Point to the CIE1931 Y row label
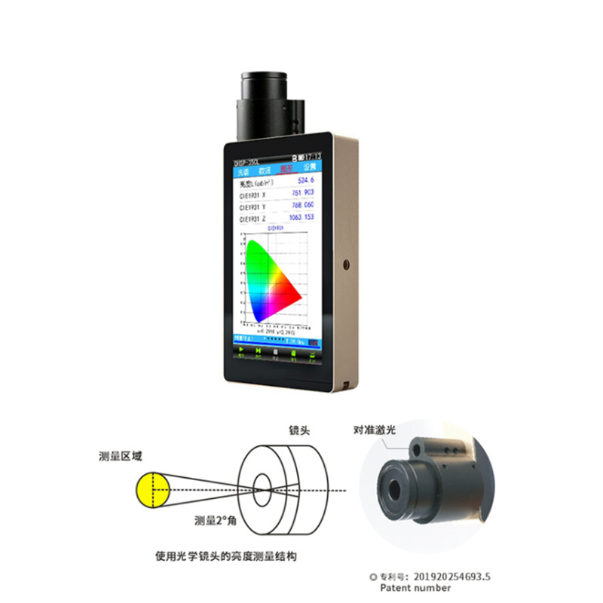(x=253, y=206)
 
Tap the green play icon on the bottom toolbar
(x=241, y=350)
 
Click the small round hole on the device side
(x=347, y=265)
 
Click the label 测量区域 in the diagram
(x=121, y=456)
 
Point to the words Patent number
(x=416, y=588)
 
